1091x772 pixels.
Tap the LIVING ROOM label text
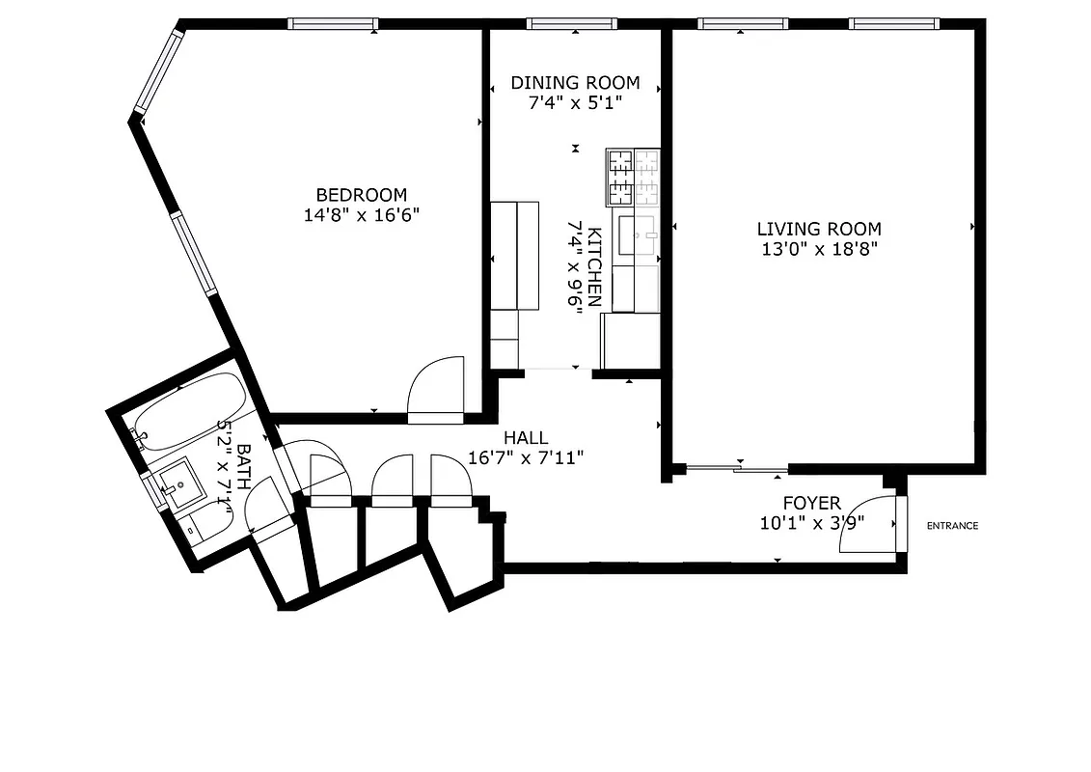click(818, 229)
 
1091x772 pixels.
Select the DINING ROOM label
click(575, 83)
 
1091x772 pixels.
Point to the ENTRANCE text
click(952, 526)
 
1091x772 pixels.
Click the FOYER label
click(811, 503)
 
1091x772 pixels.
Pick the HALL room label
click(526, 438)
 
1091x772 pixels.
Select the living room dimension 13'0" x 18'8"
click(818, 249)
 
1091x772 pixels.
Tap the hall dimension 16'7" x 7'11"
click(526, 457)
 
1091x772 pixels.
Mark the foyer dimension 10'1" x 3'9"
click(811, 523)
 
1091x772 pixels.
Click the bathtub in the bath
click(188, 410)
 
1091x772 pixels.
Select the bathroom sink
click(176, 479)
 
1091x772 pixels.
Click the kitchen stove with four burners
click(633, 177)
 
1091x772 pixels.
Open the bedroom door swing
click(436, 391)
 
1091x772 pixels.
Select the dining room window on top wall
click(571, 24)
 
